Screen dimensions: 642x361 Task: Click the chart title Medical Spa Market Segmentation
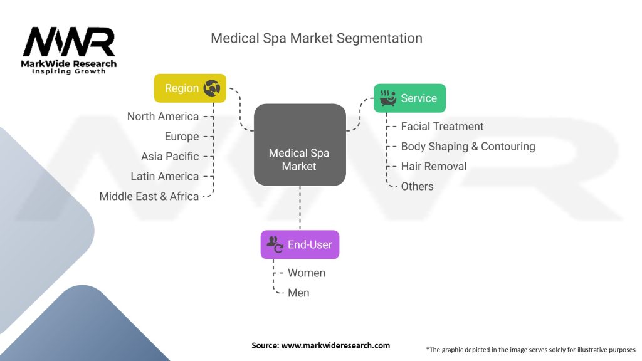[316, 38]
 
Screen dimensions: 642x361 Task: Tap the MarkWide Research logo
[69, 50]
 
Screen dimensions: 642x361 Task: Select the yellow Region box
[190, 88]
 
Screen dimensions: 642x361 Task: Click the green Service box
[409, 98]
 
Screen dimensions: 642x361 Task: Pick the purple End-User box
[300, 244]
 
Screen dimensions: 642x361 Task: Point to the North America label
[163, 117]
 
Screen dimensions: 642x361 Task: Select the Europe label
[182, 137]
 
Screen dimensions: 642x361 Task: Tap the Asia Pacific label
[170, 157]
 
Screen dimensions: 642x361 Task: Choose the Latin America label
[165, 177]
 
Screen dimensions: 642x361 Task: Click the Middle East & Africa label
[149, 196]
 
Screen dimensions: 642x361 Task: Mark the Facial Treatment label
[442, 127]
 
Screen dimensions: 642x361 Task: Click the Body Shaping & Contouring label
[468, 147]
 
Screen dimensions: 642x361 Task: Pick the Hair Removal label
[434, 167]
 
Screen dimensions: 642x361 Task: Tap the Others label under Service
[417, 186]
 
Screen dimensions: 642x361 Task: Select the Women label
[307, 273]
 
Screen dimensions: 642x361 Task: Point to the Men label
[298, 293]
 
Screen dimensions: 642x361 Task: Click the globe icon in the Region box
[211, 89]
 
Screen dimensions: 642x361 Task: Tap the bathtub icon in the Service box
[388, 98]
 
